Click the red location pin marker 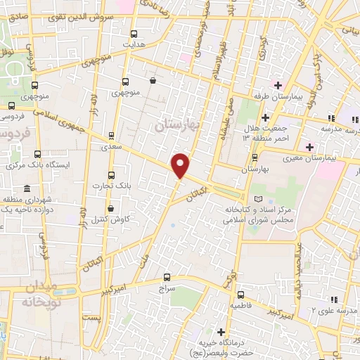(181, 165)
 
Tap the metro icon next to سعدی (111, 136)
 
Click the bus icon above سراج (167, 277)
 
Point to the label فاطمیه (240, 307)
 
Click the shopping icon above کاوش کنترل (111, 208)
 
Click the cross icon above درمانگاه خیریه (221, 331)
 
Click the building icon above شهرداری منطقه (27, 188)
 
